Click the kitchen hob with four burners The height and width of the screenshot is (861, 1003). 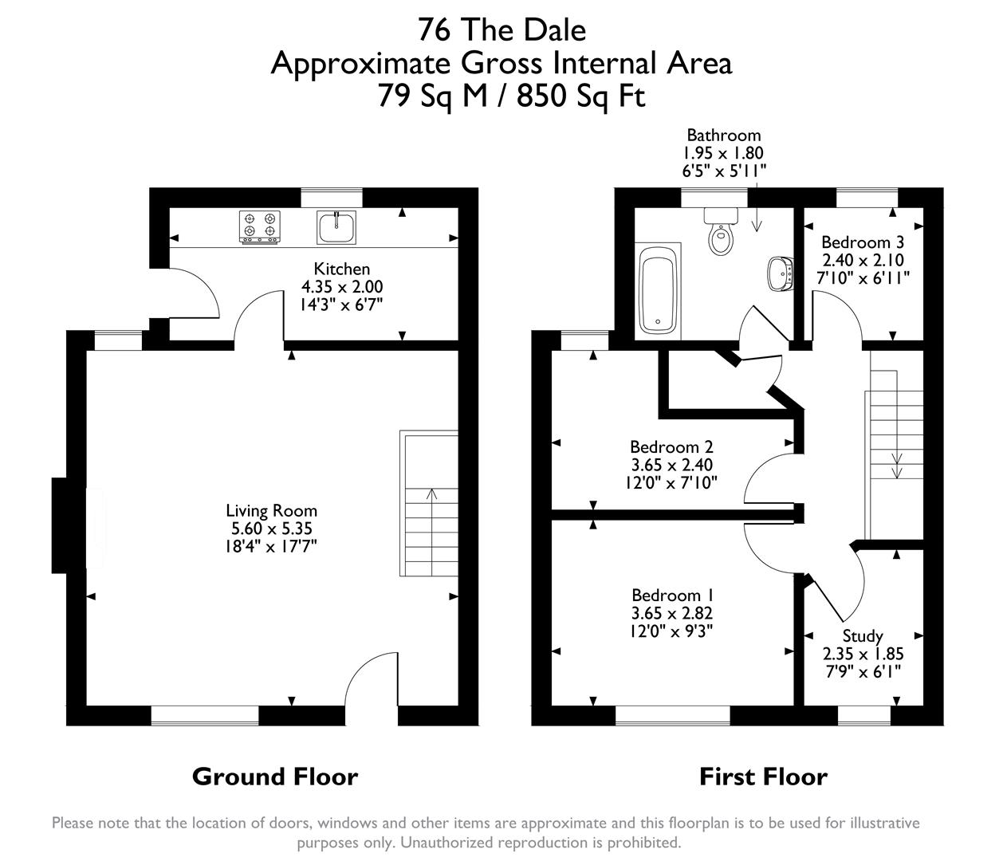[260, 226]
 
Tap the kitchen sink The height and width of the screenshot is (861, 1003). [336, 227]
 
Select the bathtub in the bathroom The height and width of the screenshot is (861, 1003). [659, 290]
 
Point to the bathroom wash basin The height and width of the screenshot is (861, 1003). [781, 273]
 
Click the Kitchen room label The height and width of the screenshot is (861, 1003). [341, 269]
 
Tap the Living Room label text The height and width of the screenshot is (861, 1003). [271, 511]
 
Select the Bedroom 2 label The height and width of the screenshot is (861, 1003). [671, 447]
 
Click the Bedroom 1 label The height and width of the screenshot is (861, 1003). [672, 596]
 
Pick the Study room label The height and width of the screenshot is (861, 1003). [863, 635]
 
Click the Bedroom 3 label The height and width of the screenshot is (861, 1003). [863, 242]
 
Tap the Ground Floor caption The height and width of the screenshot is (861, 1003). [275, 776]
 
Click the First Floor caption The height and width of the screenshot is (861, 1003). [763, 776]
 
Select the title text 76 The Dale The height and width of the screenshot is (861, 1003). [501, 30]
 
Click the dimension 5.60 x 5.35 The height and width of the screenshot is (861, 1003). [271, 529]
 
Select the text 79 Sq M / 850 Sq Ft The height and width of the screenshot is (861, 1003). [510, 96]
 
